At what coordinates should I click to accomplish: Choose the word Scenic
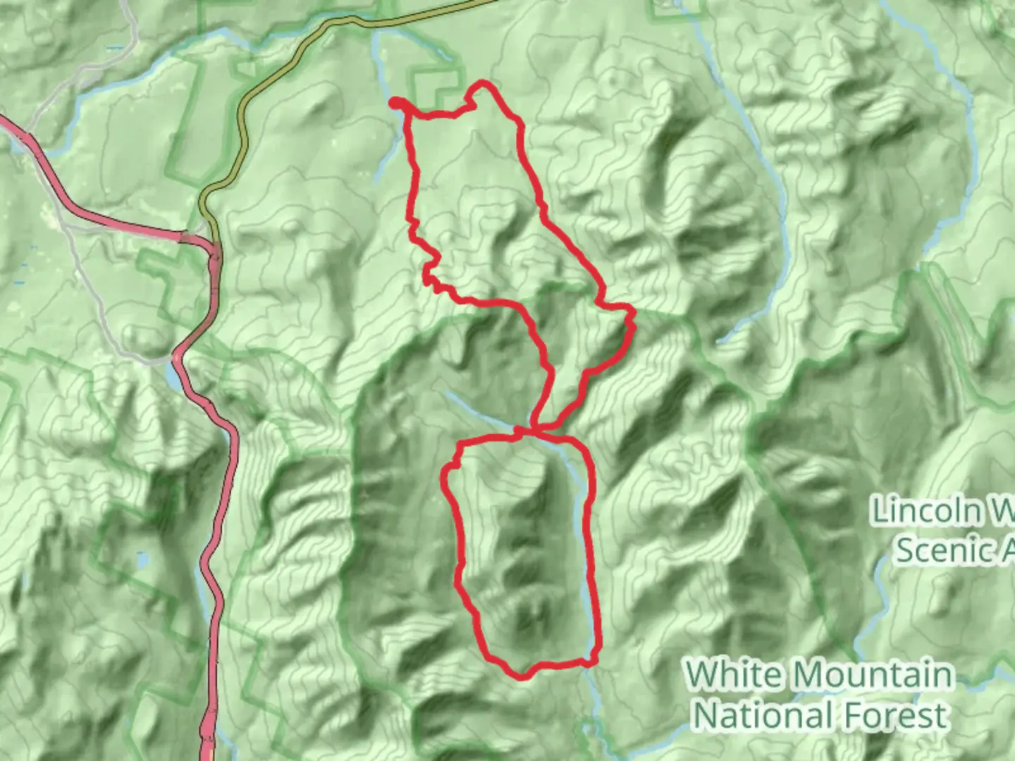(x=937, y=550)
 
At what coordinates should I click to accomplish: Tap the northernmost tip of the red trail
(x=482, y=83)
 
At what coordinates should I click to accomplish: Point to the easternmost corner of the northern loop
(x=633, y=326)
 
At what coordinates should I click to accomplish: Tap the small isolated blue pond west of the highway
(x=144, y=561)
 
